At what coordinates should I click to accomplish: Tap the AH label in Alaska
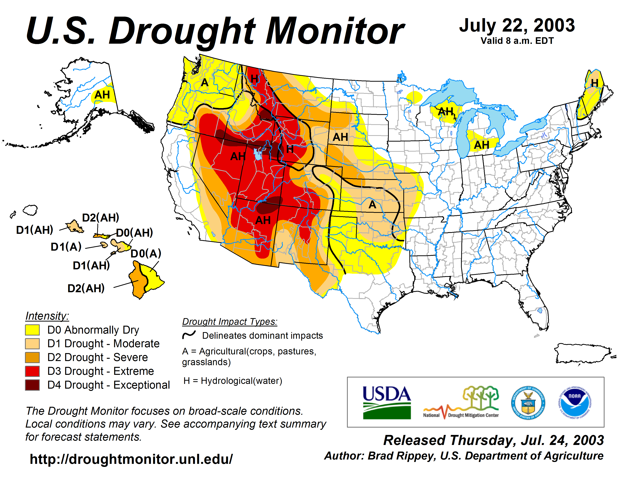pos(102,95)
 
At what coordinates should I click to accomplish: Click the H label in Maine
pos(595,83)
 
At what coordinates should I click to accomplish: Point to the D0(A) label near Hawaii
pos(146,253)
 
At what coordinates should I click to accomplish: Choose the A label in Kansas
pos(372,205)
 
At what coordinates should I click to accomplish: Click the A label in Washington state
pos(205,83)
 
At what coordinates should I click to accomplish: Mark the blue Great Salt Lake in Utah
pos(258,154)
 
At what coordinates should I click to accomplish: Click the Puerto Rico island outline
pos(583,354)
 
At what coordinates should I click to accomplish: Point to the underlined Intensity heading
pos(47,316)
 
